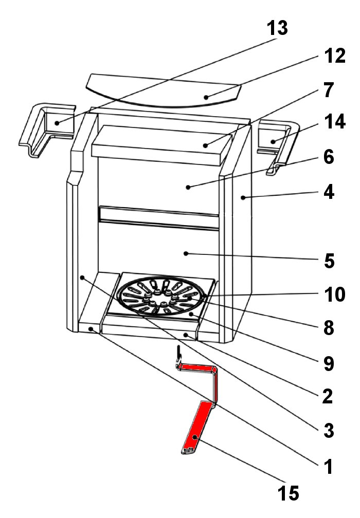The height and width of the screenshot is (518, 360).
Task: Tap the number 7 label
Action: tap(329, 91)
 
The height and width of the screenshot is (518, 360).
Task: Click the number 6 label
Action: tap(329, 157)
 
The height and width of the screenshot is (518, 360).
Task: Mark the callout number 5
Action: tap(329, 261)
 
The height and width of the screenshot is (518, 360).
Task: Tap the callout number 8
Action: tap(328, 327)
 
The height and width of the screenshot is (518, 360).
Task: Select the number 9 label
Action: tap(328, 363)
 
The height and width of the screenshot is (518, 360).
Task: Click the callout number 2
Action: tap(328, 396)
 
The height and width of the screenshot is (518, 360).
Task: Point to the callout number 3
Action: tap(328, 430)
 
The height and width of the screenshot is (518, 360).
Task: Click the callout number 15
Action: tap(287, 493)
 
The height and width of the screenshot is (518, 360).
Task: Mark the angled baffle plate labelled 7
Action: tap(159, 144)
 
